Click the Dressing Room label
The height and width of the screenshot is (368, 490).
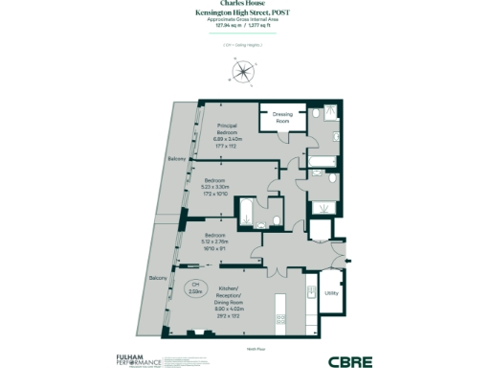tap(282, 119)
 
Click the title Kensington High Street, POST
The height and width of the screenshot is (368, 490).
tap(245, 11)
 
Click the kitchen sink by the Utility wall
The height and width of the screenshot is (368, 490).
tap(310, 293)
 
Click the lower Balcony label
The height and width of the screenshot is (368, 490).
tap(158, 278)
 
